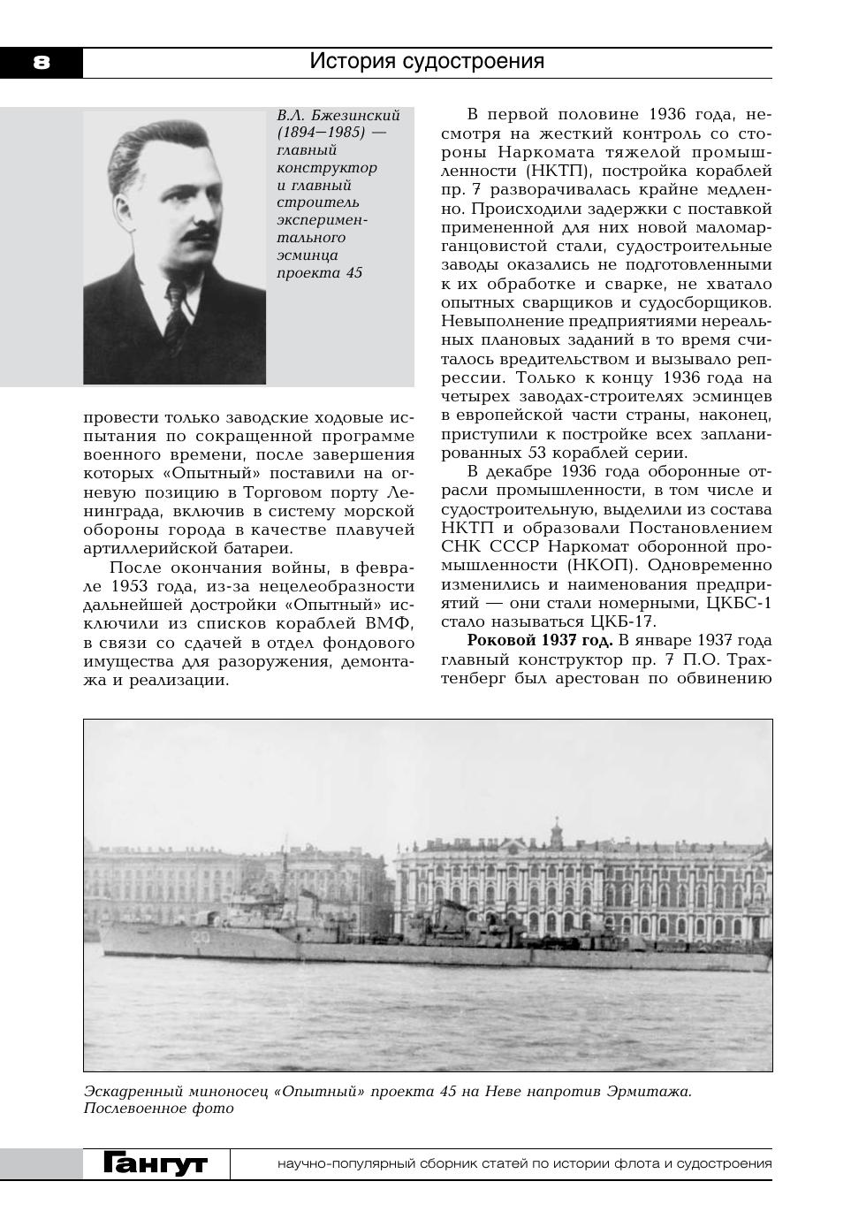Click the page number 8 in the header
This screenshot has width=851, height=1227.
[42, 62]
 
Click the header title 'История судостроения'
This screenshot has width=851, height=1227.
[427, 61]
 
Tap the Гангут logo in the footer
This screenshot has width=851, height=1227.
[156, 1163]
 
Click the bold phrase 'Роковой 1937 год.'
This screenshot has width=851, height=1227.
[540, 640]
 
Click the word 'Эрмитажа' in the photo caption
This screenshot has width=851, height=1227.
[648, 1091]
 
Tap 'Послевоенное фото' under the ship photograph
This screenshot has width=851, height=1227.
[159, 1109]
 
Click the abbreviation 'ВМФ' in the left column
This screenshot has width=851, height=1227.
[389, 623]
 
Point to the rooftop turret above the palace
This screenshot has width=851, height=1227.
[556, 829]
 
